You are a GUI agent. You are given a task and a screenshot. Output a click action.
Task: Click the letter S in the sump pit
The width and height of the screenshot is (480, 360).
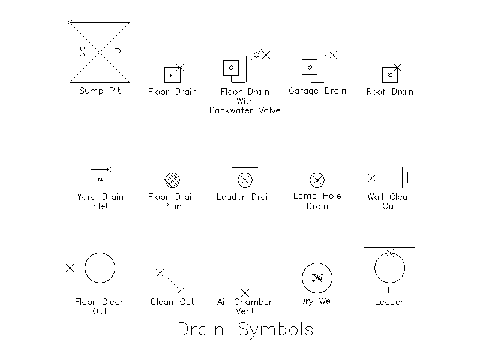point(83,52)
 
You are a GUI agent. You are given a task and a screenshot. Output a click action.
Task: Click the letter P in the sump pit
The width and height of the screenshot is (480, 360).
point(118,53)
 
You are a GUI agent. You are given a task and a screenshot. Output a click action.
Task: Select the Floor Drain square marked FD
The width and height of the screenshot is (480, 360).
point(172,75)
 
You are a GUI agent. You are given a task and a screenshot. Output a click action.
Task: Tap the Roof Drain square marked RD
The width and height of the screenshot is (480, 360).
point(390,75)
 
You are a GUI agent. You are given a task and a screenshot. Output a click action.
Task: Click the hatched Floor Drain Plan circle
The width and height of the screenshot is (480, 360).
point(172,179)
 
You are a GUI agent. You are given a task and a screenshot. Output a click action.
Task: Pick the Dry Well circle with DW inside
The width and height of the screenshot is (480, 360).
point(317,278)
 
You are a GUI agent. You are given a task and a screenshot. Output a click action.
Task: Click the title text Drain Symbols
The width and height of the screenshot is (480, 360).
point(245,330)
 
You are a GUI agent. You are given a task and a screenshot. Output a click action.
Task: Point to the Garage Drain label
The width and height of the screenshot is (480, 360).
point(317,91)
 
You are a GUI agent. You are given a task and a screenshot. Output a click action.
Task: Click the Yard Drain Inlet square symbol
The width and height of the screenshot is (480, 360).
point(100,179)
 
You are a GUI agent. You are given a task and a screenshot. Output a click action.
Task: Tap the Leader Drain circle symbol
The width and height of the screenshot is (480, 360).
point(245,179)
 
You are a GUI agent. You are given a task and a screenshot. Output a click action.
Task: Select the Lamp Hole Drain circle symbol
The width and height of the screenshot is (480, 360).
point(317,179)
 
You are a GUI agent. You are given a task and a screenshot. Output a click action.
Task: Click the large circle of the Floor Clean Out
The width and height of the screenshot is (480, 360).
point(100,268)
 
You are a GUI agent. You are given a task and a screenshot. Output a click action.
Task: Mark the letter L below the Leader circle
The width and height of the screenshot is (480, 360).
point(389,290)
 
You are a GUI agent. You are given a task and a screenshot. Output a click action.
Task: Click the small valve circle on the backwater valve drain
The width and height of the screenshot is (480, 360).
point(256,55)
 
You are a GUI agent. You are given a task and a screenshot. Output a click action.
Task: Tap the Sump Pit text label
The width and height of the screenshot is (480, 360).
point(100,91)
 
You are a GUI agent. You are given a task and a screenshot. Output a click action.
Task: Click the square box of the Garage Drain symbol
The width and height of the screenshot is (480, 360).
point(309,67)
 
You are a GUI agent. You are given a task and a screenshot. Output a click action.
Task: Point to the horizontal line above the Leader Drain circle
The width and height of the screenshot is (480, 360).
point(245,167)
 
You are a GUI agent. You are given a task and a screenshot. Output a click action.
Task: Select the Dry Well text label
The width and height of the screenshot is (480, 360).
point(317,301)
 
